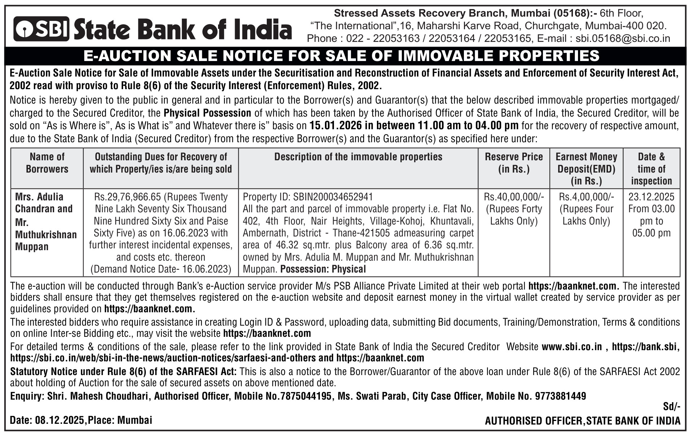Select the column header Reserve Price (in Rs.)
[x=513, y=163]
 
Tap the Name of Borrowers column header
[x=47, y=163]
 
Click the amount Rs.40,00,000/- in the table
[x=513, y=197]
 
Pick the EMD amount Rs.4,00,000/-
[x=586, y=197]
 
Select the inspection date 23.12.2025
[x=651, y=197]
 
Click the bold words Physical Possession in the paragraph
[x=207, y=113]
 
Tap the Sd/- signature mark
[x=671, y=407]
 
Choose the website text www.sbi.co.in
[x=572, y=347]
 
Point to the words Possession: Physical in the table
[x=323, y=269]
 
